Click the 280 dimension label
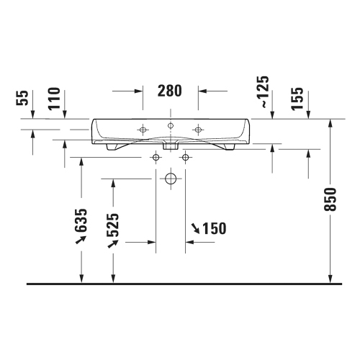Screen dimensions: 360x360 coord(169,91)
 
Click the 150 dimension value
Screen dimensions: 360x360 coord(213,229)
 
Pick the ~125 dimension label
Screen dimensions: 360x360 coord(264,91)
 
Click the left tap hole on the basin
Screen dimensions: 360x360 coord(143,130)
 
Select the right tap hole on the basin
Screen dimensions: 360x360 coord(197,130)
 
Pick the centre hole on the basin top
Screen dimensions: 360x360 coord(170,126)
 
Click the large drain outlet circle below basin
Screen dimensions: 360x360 coord(170,178)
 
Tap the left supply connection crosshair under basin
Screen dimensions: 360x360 coord(155,157)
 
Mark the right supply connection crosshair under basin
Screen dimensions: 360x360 coord(186,157)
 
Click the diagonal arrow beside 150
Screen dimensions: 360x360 coord(195,229)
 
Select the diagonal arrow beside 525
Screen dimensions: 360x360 coord(112,245)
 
